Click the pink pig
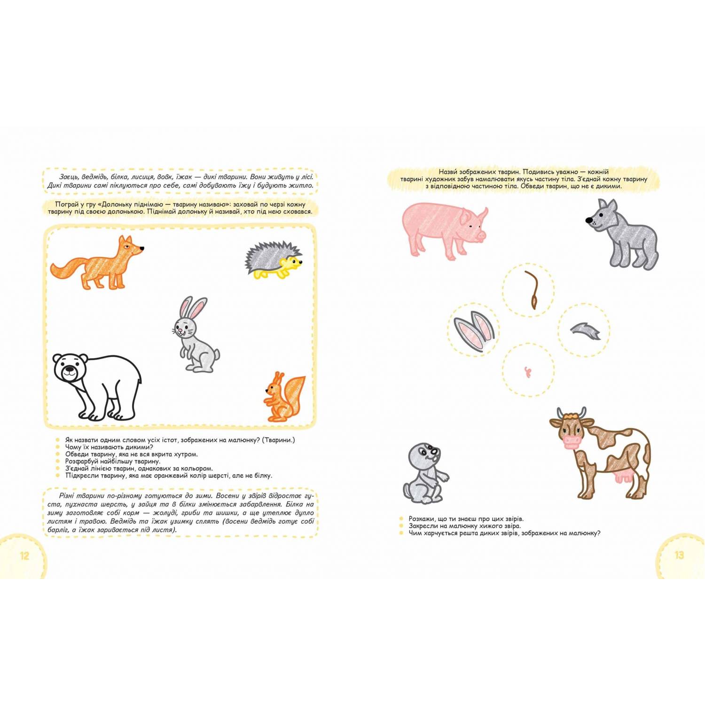pos(444,230)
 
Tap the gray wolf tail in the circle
pos(586,330)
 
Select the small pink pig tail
pos(527,372)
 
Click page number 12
pos(24,556)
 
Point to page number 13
pos(679,555)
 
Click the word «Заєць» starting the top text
pos(70,177)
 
